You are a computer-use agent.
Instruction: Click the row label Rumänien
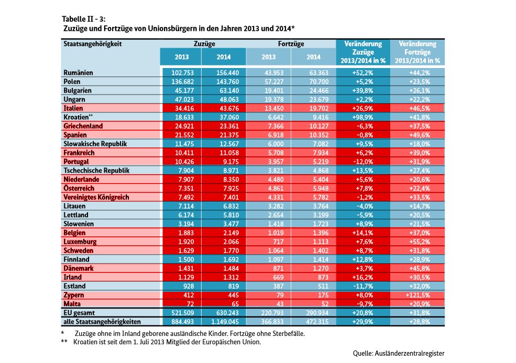[x=78, y=73]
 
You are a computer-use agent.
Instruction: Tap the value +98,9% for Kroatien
[x=363, y=117]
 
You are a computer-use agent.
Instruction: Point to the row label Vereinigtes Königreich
[x=96, y=197]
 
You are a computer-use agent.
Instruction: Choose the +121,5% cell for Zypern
[x=418, y=295]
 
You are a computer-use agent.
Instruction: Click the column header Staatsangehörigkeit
[x=93, y=44]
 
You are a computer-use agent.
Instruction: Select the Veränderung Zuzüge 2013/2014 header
[x=363, y=52]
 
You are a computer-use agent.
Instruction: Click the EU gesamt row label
[x=79, y=313]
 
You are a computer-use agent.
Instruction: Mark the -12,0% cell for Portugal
[x=363, y=162]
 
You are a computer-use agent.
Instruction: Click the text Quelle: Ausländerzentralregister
[x=399, y=353]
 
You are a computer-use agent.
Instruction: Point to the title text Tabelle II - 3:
[x=84, y=19]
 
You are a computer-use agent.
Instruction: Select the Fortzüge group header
[x=291, y=44]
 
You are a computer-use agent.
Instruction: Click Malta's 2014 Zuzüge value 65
[x=235, y=304]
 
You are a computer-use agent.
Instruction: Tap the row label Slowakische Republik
[x=95, y=144]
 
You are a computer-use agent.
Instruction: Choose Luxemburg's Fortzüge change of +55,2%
[x=420, y=242]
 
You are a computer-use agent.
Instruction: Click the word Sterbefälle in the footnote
[x=288, y=333]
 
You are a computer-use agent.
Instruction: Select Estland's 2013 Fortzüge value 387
[x=278, y=286]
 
